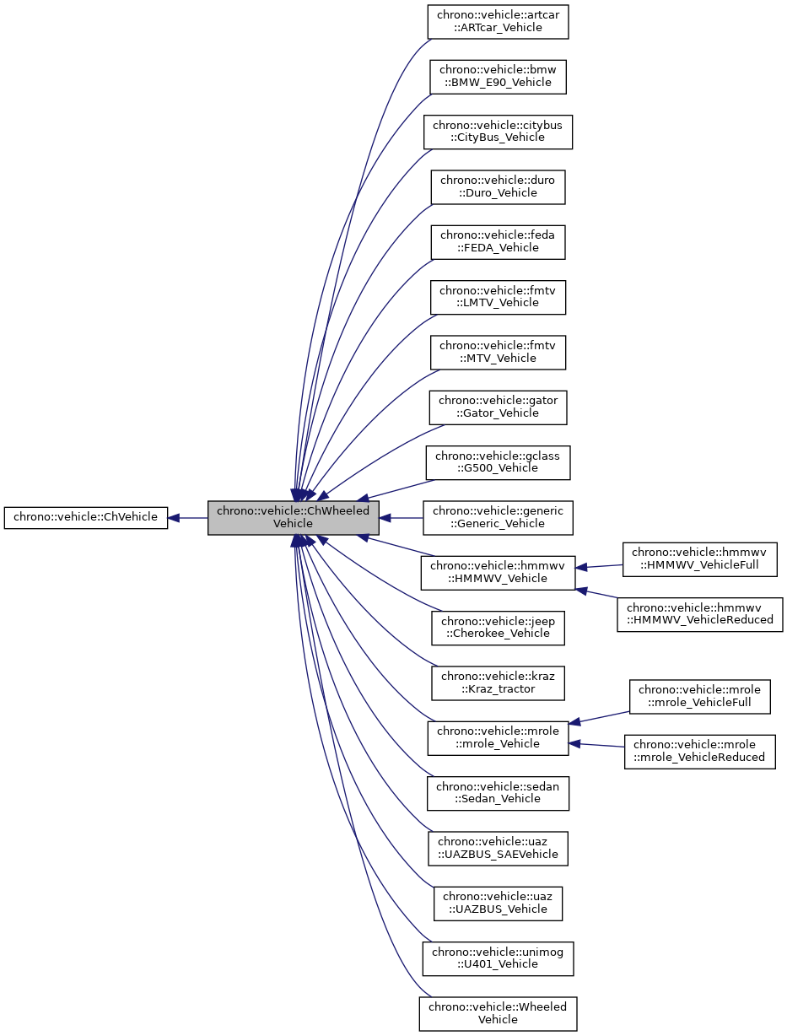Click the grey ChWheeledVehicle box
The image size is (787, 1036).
pos(293,517)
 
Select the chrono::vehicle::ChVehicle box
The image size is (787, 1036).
pos(85,517)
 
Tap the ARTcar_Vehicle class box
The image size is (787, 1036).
pos(498,21)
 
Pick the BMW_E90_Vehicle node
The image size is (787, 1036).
pos(498,76)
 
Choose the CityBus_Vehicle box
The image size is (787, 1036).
pos(498,132)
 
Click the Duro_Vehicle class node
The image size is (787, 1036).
pos(498,186)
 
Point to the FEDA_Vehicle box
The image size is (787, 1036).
pos(498,241)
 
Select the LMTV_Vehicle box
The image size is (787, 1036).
pos(498,296)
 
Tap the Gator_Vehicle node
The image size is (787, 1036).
pos(498,407)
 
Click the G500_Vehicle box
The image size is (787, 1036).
pos(498,461)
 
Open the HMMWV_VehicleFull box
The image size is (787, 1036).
pos(700,560)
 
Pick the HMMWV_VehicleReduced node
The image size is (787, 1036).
pos(700,615)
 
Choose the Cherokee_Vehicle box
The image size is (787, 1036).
pos(498,627)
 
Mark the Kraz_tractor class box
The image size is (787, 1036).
pos(498,683)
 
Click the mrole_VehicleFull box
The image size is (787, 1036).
pos(700,696)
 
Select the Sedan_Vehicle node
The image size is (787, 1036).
pos(498,792)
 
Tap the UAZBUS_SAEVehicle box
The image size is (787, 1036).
pos(498,848)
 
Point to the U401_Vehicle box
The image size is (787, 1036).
pos(498,958)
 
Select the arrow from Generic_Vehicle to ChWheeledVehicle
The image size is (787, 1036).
pos(401,517)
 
